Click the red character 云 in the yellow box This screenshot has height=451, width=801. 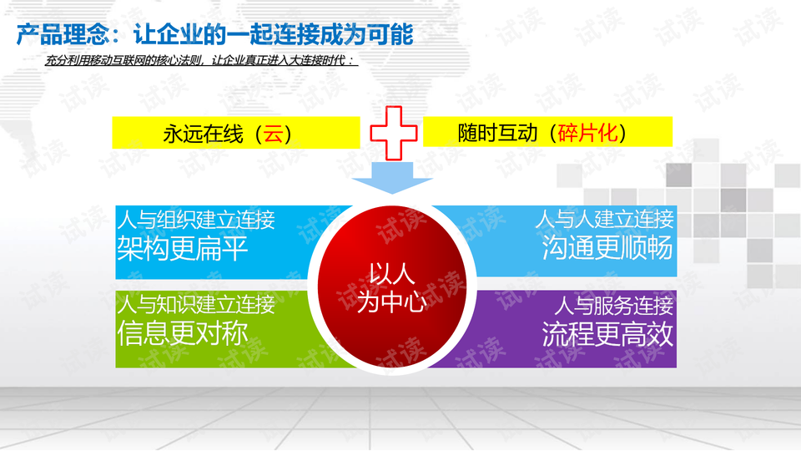[x=273, y=134]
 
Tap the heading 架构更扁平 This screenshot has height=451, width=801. [x=183, y=248]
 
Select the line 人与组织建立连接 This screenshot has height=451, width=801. [x=195, y=220]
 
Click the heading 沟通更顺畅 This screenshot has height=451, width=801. [x=607, y=248]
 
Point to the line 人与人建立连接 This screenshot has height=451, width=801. [x=604, y=220]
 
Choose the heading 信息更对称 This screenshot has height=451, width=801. [x=183, y=333]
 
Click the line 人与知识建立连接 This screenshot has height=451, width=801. [x=195, y=305]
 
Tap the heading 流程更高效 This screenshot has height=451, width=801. [x=607, y=333]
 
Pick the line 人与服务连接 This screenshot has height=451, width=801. [x=613, y=305]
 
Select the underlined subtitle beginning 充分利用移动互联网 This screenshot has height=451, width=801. [x=201, y=61]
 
